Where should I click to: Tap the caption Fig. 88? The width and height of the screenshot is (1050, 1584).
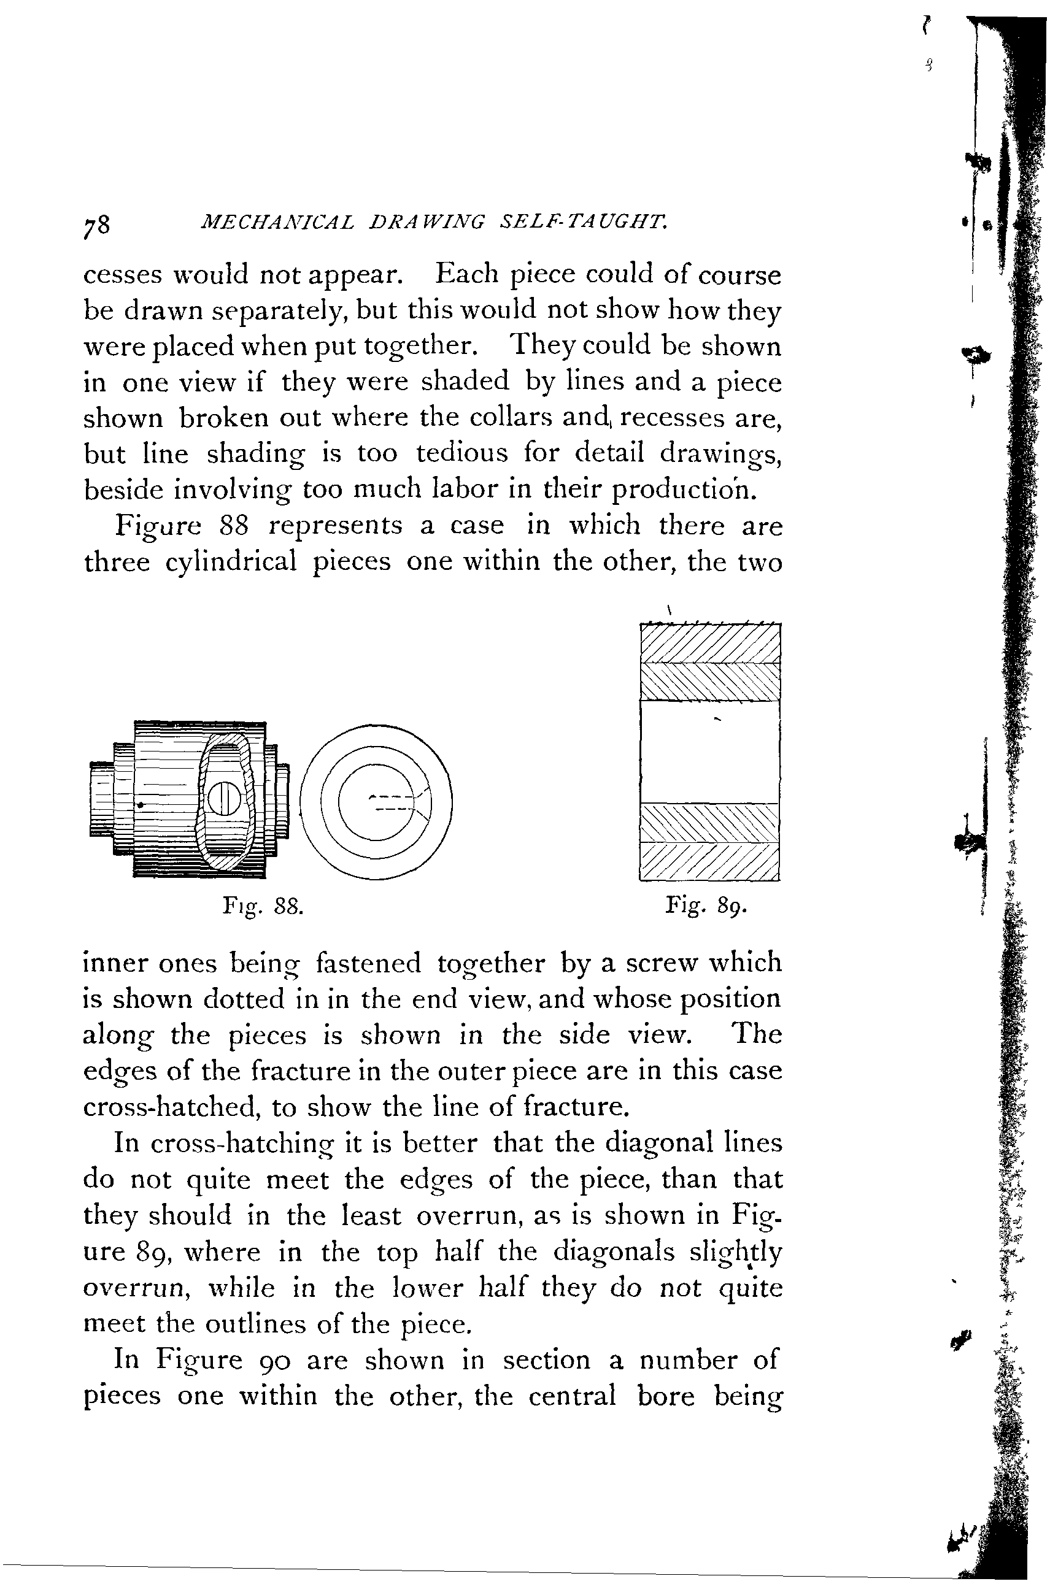coord(263,907)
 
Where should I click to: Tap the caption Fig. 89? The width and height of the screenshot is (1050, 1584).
coord(705,906)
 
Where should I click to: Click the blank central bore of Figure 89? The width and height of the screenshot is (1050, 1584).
coord(710,751)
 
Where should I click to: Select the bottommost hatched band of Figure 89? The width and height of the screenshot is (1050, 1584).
coord(710,863)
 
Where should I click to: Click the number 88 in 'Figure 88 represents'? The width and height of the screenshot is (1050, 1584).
coord(234,526)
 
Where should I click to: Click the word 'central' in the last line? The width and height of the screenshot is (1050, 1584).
coord(572,1396)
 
